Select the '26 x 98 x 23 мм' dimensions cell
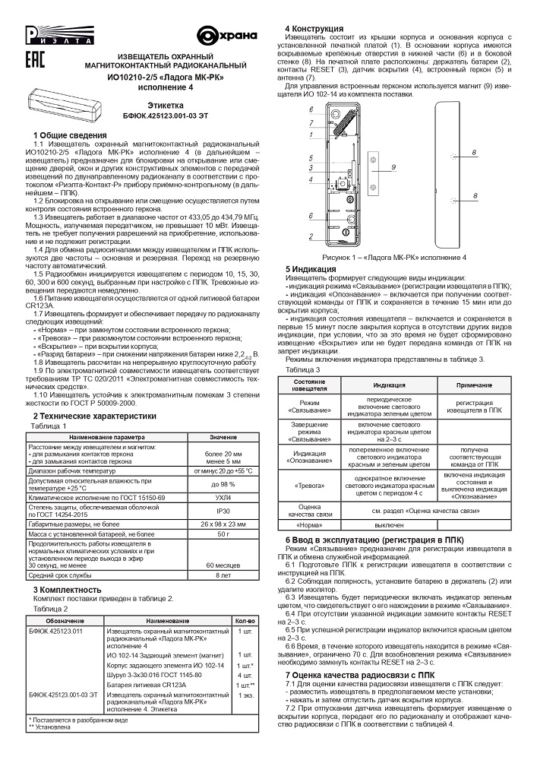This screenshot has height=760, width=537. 223,525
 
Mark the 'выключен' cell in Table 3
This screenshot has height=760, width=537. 387,525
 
